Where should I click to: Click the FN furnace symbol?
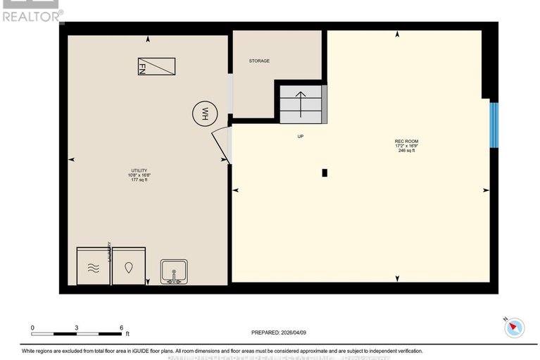[156, 67]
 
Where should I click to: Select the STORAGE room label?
[259, 61]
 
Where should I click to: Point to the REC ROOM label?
[407, 142]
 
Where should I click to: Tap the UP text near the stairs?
[300, 136]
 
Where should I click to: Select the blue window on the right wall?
[494, 125]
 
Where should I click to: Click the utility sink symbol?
[172, 271]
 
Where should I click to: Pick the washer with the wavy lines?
[93, 266]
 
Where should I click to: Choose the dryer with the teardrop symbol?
[129, 266]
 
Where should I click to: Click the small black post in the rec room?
[324, 173]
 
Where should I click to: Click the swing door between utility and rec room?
[221, 144]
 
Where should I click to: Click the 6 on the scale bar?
[122, 328]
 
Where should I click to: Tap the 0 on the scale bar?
[32, 328]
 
